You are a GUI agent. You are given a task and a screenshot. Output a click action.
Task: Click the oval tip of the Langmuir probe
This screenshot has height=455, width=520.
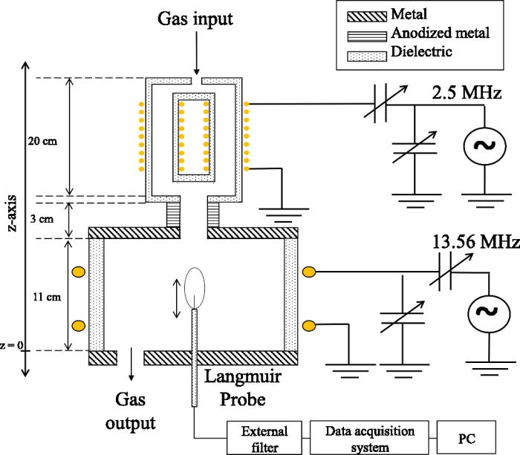[x=196, y=282]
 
